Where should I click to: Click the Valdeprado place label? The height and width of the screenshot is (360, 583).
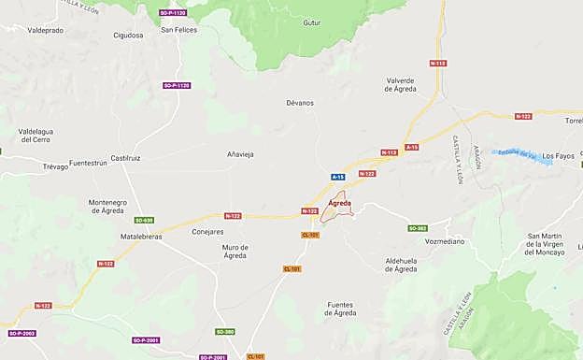[45, 30]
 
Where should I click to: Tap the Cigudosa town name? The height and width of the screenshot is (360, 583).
[128, 36]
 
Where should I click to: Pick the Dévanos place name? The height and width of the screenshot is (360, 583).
[300, 103]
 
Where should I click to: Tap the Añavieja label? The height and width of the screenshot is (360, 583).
[240, 153]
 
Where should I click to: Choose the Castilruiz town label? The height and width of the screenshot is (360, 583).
[125, 158]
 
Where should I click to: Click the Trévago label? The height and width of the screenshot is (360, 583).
[55, 166]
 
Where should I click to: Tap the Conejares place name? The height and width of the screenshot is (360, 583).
[207, 231]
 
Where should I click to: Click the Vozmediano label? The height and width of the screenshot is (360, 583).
[445, 241]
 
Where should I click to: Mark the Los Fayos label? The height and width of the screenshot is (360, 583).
[559, 155]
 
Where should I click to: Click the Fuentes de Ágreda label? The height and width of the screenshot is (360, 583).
[353, 309]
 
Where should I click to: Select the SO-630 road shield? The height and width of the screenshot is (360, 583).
[143, 221]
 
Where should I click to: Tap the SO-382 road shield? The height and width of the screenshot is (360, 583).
[417, 228]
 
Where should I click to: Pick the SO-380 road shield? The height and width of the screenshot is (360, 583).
[225, 332]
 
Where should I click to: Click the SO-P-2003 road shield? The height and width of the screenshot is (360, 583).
[21, 333]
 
